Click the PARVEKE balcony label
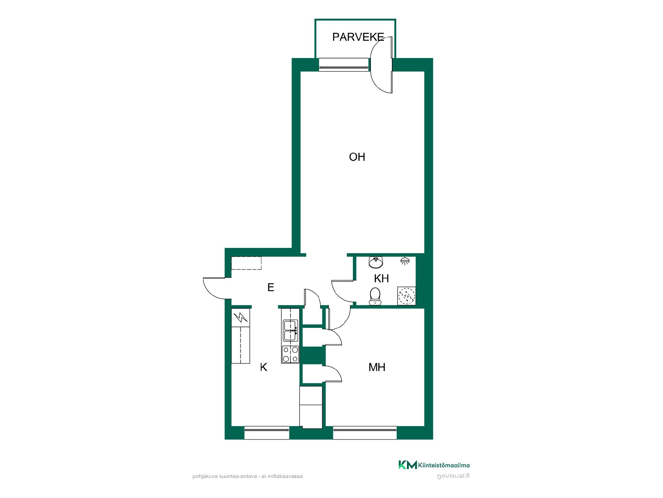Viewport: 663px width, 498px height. (x=358, y=37)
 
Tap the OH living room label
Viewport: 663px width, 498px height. (x=357, y=157)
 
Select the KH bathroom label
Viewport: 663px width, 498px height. (x=381, y=278)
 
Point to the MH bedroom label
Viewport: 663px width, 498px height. (x=377, y=367)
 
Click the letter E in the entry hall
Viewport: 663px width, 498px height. (x=271, y=287)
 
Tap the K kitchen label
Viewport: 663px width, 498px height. (x=263, y=367)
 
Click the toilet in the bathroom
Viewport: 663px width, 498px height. (x=375, y=297)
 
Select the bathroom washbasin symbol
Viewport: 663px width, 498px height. (x=376, y=262)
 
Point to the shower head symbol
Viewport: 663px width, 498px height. (x=405, y=261)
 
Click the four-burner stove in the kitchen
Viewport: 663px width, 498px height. (x=290, y=354)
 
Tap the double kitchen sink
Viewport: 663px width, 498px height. (x=290, y=330)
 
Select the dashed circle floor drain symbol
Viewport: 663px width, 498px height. (x=406, y=296)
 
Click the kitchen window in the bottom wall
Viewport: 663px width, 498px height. (x=267, y=433)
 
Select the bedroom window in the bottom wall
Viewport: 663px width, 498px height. (x=365, y=433)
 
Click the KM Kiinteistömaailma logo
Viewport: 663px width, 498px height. (x=434, y=465)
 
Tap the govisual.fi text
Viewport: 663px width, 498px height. (x=453, y=476)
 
